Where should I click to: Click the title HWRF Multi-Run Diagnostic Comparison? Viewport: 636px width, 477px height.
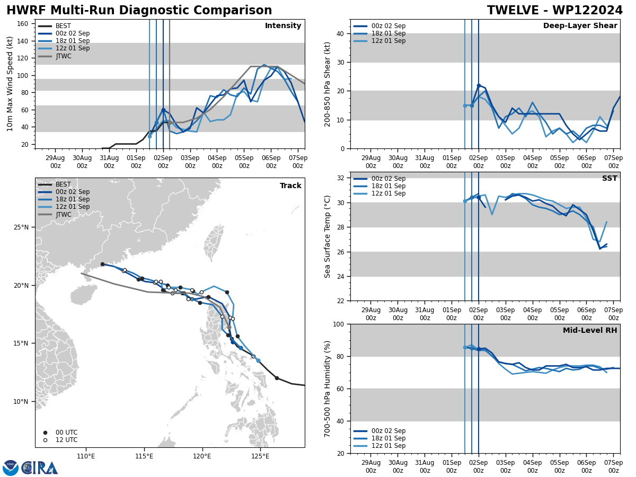coord(139,11)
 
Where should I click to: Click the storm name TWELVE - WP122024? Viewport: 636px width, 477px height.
coord(555,11)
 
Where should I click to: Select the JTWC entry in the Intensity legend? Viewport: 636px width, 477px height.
coord(64,56)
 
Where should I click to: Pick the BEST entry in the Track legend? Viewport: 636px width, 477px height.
coord(63,184)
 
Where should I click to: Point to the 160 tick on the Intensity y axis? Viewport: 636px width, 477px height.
coord(24,23)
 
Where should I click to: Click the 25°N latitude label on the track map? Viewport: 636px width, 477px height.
coord(22,227)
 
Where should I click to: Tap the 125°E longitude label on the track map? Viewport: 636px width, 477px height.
coord(260,456)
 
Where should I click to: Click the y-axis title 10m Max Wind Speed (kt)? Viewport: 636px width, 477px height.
coord(10,84)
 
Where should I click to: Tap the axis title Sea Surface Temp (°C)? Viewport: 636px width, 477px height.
coord(328,236)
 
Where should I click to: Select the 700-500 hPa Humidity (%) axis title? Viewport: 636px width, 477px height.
coord(328,388)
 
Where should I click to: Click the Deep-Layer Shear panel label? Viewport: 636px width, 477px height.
coord(580,26)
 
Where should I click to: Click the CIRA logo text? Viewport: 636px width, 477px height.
coord(40,468)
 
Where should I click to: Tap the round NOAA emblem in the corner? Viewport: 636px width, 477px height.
coord(11,468)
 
